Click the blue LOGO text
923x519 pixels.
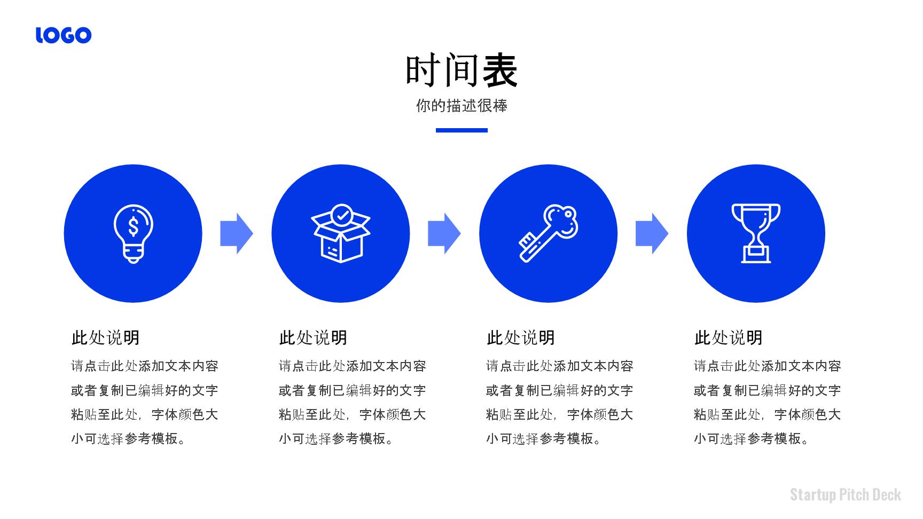(x=64, y=35)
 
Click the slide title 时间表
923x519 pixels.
(x=461, y=70)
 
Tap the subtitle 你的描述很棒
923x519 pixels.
(x=461, y=106)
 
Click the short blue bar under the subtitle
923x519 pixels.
(x=461, y=130)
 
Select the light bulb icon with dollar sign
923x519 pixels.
(x=133, y=233)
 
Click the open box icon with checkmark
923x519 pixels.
(x=341, y=233)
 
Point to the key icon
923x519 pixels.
(x=549, y=233)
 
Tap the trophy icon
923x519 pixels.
(x=756, y=233)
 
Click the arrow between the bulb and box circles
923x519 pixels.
(x=237, y=233)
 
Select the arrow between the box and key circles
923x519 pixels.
(x=444, y=233)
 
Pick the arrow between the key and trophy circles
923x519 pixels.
(x=652, y=233)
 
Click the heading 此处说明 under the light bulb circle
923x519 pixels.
(x=106, y=338)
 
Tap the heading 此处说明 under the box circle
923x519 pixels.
(x=313, y=338)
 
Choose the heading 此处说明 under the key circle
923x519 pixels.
(x=521, y=338)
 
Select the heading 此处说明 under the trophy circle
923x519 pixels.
(x=729, y=338)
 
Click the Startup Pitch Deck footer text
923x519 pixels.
(x=846, y=494)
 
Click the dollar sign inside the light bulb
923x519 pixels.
(x=134, y=225)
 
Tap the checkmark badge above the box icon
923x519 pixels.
(x=341, y=215)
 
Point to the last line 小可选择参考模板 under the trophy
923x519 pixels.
(x=752, y=439)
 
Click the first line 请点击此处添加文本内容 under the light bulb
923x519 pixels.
(x=145, y=366)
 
